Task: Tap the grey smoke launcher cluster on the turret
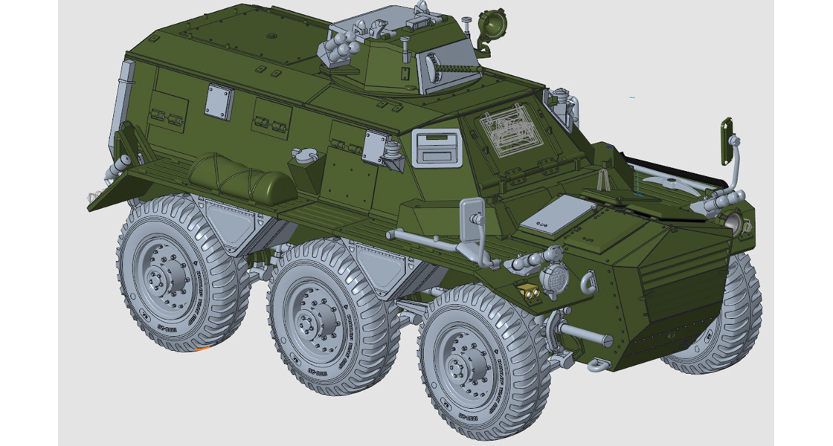338,47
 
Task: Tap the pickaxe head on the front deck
669,182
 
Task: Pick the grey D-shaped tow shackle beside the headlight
587,282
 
